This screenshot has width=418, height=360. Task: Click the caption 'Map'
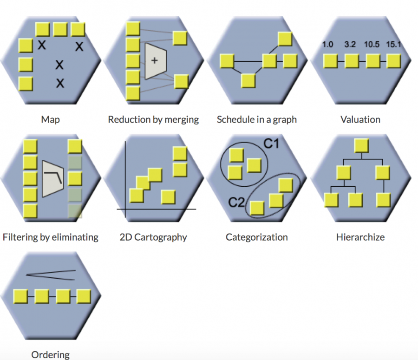[x=50, y=119]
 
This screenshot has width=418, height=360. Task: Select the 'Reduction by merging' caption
[x=153, y=119]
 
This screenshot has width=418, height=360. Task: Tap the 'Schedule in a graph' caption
[x=256, y=119]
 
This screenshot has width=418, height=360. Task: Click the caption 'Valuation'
[x=360, y=119]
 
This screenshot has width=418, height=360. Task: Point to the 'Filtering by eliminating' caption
[x=50, y=237]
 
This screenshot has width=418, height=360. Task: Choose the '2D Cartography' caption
[x=153, y=237]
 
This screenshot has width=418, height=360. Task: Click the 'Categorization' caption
[x=256, y=237]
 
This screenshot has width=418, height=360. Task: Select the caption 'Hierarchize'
[x=360, y=237]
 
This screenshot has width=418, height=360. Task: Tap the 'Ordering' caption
[x=50, y=355]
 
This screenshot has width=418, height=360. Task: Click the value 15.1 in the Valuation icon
[x=393, y=45]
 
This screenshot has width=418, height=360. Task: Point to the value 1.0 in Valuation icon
[x=328, y=45]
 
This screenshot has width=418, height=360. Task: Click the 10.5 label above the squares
[x=372, y=45]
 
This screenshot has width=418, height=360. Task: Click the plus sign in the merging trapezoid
[x=155, y=61]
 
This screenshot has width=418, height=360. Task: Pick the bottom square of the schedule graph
[x=249, y=81]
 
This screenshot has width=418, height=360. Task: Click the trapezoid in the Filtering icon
[x=52, y=179]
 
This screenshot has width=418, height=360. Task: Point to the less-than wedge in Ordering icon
[x=50, y=275]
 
